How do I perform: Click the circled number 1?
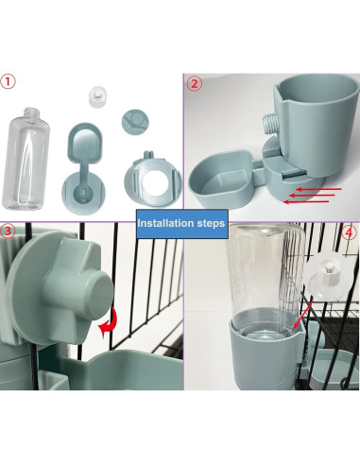pyautogui.click(x=9, y=81)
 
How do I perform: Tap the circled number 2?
pyautogui.click(x=194, y=82)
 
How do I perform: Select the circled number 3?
pyautogui.click(x=9, y=230)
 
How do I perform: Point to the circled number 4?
pyautogui.click(x=350, y=231)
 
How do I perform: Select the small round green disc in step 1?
pyautogui.click(x=133, y=122)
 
